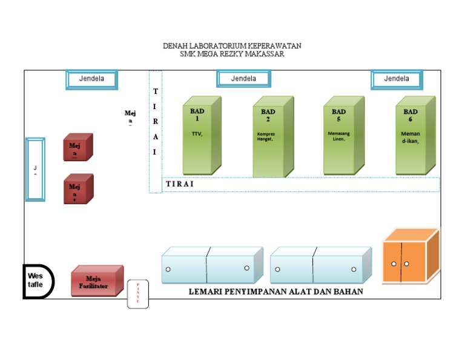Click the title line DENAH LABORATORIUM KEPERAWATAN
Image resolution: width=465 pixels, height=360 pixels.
point(232,46)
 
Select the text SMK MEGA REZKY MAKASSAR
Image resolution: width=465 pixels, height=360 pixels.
point(232,54)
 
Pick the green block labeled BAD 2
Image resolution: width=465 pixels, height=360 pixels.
point(269,139)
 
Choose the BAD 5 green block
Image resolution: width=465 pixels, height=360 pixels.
point(340,139)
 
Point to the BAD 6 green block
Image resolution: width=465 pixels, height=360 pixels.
point(412,139)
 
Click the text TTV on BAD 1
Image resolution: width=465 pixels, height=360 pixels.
point(197,133)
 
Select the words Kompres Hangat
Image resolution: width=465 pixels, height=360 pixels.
point(266,136)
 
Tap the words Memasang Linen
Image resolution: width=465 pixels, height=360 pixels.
point(337,136)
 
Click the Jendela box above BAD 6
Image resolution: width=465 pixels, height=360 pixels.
point(397,79)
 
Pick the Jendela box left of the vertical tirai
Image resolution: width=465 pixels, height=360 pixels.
point(91,79)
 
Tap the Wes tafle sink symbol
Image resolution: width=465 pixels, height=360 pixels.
point(38,281)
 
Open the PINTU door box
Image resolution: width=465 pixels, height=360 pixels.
point(137,294)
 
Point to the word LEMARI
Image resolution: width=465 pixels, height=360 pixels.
point(209,292)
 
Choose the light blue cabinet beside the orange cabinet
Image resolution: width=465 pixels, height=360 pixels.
point(320,267)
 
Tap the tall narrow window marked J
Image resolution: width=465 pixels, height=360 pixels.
point(35,169)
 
